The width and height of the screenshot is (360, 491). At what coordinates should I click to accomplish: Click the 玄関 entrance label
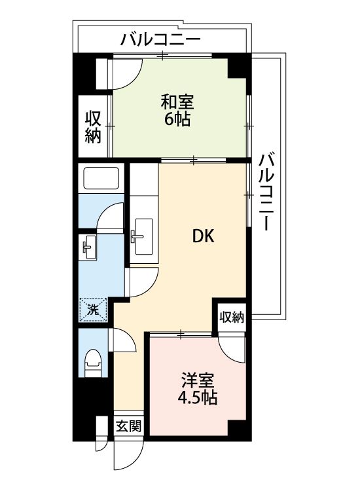point(128,427)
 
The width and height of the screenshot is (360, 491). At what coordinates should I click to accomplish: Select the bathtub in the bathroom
point(100,177)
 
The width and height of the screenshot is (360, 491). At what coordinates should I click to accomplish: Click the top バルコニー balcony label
point(160,40)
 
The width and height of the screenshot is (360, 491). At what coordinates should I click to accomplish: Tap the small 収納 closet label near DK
point(231,318)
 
